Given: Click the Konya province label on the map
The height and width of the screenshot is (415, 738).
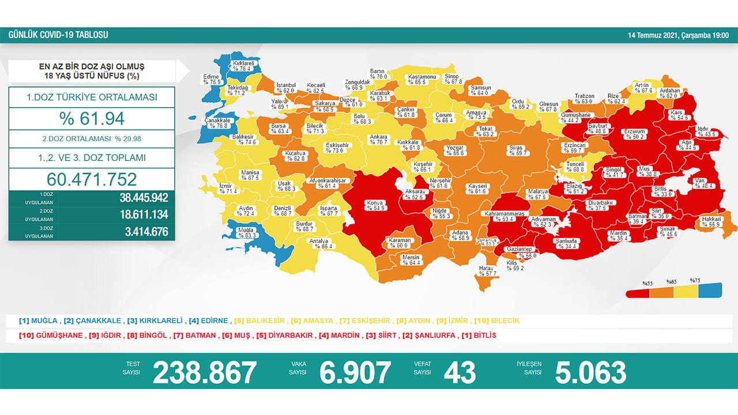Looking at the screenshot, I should click(375, 205).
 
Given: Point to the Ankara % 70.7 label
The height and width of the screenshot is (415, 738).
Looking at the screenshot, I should click(379, 140).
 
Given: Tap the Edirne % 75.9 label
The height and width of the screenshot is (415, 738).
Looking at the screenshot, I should click(212, 79).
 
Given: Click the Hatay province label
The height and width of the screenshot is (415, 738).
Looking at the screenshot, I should click(487, 271).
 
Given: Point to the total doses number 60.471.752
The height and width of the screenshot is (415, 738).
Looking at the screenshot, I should click(92, 179).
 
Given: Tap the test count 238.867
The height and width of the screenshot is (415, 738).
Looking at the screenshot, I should click(205, 372).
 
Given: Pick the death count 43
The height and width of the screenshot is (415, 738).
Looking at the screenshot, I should click(460, 372).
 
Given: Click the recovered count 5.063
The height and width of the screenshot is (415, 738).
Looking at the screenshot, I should click(590, 372).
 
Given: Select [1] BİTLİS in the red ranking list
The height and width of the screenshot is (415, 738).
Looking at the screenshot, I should click(479, 335).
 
